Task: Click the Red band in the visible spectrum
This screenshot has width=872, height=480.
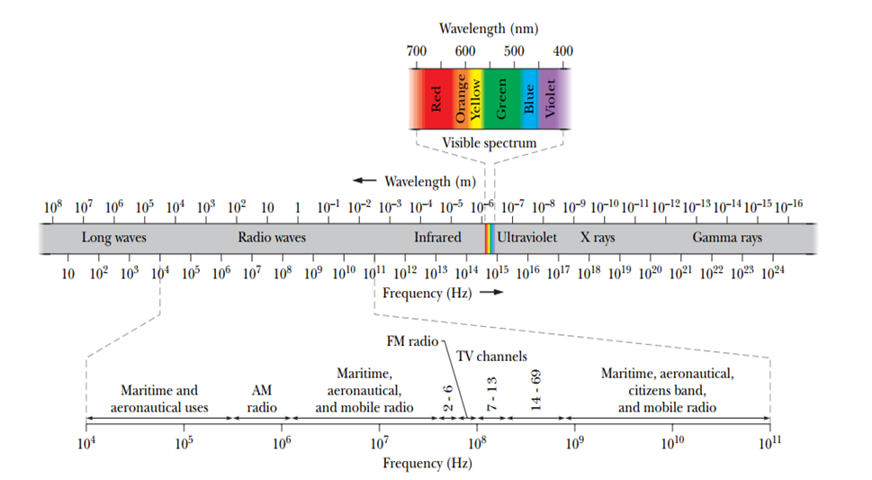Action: [x=436, y=97]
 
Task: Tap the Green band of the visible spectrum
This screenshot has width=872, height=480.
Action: [x=502, y=97]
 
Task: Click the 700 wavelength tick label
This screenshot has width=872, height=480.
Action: [x=416, y=50]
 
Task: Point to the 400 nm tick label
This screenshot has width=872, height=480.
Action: [x=562, y=50]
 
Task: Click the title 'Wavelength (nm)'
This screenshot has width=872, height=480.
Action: [x=488, y=29]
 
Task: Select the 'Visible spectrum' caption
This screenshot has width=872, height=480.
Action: [x=490, y=143]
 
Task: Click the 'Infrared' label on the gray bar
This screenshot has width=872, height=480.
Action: [x=437, y=238]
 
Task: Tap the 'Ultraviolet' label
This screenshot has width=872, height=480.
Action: [x=527, y=238]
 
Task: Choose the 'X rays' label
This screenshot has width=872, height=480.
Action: [x=598, y=238]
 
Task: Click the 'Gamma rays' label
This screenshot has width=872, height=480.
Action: [x=727, y=238]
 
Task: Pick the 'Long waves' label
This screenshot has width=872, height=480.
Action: [x=114, y=238]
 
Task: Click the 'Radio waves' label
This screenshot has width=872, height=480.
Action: [x=272, y=238]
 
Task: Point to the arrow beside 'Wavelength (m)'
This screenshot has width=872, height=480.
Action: [x=364, y=181]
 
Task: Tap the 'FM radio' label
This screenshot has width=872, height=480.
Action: [x=410, y=342]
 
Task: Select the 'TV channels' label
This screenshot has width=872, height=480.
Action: [x=491, y=357]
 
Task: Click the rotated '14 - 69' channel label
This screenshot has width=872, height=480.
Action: [x=535, y=391]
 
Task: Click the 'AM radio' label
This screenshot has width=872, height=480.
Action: [x=262, y=399]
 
